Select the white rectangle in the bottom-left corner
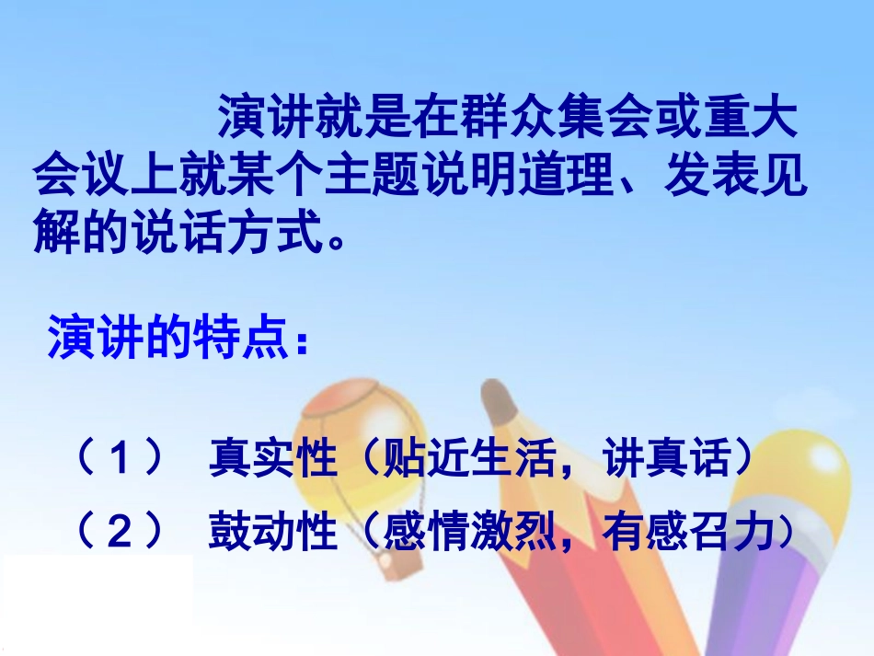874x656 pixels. click(x=96, y=603)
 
